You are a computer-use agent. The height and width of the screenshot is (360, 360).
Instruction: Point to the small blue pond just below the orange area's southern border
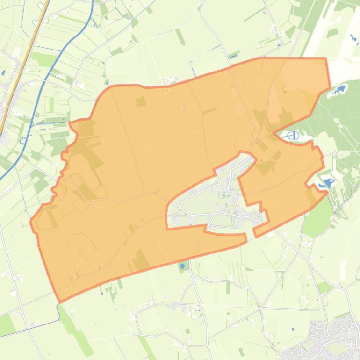tap(182, 266)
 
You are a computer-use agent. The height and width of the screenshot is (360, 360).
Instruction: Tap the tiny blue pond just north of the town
tap(293, 329)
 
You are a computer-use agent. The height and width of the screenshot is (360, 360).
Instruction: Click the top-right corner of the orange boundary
tap(325, 59)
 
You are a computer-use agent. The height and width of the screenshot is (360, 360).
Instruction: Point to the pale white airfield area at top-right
tap(344, 33)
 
